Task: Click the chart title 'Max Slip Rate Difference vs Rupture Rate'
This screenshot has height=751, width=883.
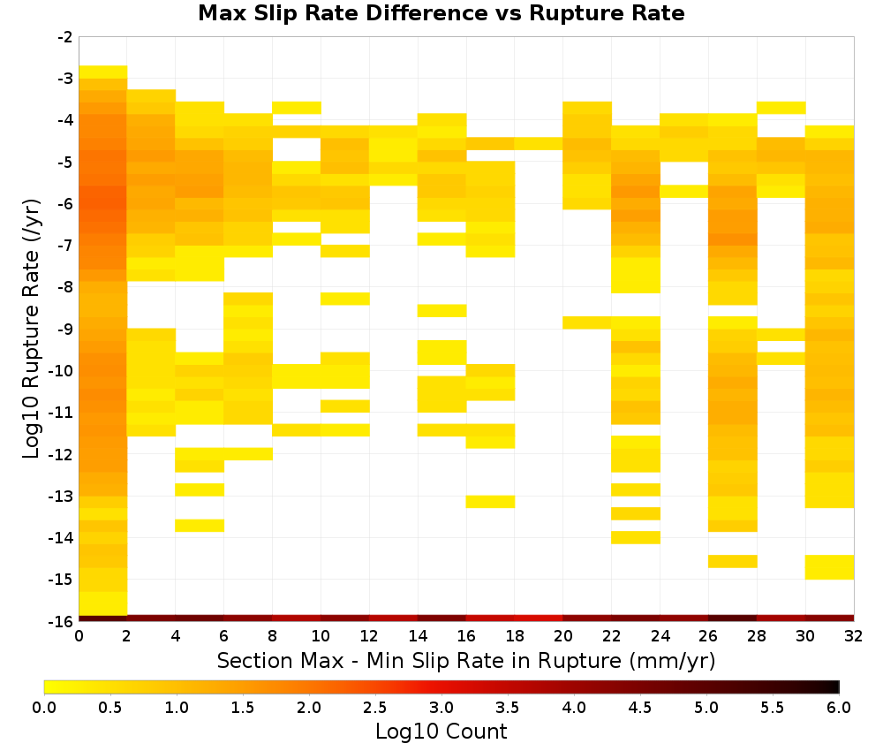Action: point(441,13)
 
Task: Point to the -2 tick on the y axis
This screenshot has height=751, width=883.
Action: point(65,37)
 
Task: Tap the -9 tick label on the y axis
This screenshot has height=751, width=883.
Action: point(65,329)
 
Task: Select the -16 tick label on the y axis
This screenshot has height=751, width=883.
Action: point(62,621)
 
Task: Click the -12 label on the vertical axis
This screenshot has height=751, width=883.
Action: point(62,454)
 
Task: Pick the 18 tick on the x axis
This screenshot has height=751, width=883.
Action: point(515,636)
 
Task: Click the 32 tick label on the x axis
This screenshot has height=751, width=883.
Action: point(854,636)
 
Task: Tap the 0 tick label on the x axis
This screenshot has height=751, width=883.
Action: point(79,636)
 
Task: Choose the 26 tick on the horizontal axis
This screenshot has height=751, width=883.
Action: point(708,636)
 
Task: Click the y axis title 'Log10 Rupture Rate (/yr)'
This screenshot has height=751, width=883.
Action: point(31,329)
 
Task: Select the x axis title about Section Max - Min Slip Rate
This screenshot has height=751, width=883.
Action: point(466,660)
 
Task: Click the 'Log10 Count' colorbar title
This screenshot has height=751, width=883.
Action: point(441,732)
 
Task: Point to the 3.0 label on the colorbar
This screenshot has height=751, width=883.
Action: point(441,707)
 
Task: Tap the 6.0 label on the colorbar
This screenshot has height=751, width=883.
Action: point(839,707)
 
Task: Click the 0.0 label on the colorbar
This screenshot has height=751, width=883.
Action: point(44,707)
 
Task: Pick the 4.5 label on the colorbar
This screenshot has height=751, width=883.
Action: point(639,707)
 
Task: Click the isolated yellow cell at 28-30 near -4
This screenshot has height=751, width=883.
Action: point(781,108)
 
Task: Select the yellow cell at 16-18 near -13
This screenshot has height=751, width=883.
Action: point(490,502)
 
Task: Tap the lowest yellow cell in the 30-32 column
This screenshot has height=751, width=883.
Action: point(829,567)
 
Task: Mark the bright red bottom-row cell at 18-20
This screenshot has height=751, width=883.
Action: point(539,618)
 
